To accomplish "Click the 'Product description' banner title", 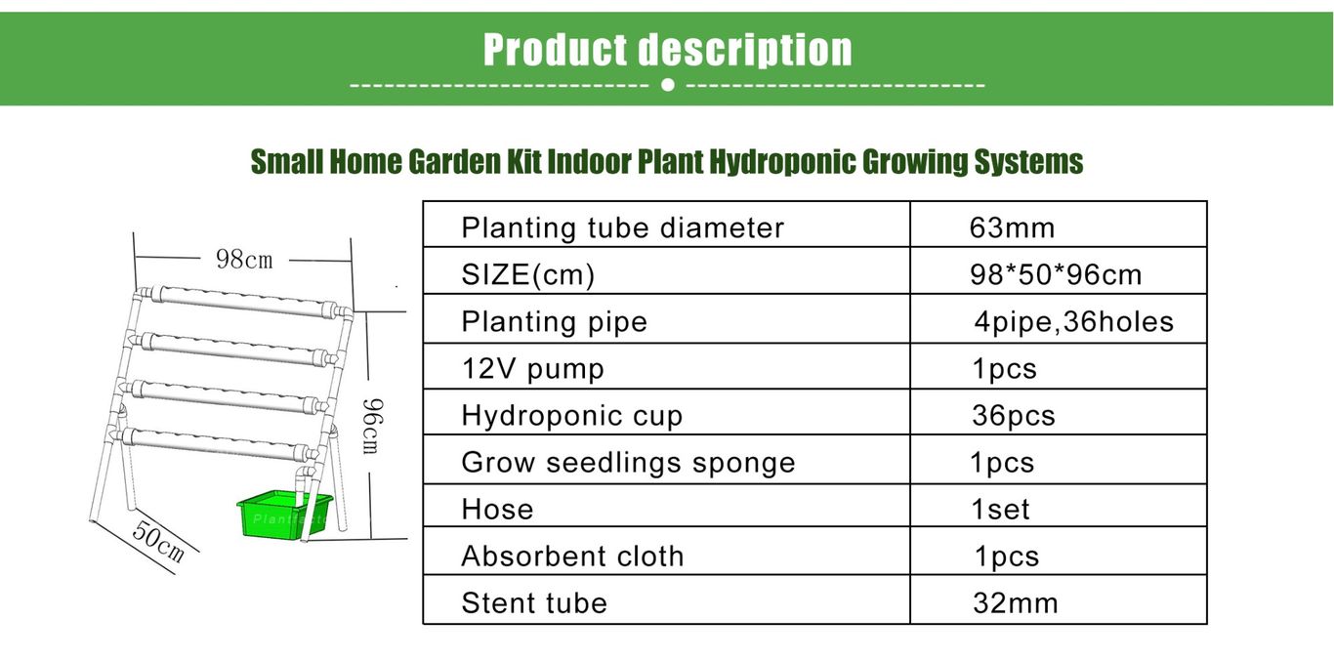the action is pyautogui.click(x=668, y=50).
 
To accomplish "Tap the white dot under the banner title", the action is pyautogui.click(x=668, y=85).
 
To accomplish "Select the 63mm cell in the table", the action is pyautogui.click(x=1012, y=227).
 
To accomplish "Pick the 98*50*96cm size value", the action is pyautogui.click(x=1056, y=275).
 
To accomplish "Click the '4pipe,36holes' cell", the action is pyautogui.click(x=1074, y=322).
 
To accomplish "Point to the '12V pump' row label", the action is pyautogui.click(x=532, y=369).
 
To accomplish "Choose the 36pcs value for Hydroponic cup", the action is pyautogui.click(x=1014, y=415).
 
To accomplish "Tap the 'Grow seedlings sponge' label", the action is pyautogui.click(x=628, y=463).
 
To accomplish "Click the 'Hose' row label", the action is pyautogui.click(x=497, y=510).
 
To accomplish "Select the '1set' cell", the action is pyautogui.click(x=1000, y=510).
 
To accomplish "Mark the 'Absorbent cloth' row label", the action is pyautogui.click(x=572, y=557).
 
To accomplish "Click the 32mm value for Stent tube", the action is pyautogui.click(x=1016, y=602).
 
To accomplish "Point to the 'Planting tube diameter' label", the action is pyautogui.click(x=623, y=227).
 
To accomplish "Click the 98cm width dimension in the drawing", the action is pyautogui.click(x=244, y=260).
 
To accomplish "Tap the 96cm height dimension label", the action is pyautogui.click(x=372, y=426).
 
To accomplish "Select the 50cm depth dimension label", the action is pyautogui.click(x=158, y=541).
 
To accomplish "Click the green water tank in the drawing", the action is pyautogui.click(x=284, y=515).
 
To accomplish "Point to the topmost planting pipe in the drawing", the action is pyautogui.click(x=244, y=303).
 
